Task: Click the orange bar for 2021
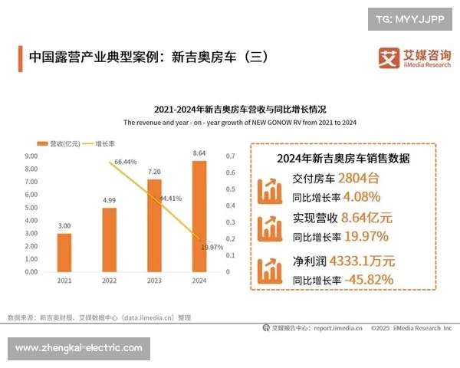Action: click(64, 252)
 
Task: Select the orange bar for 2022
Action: click(109, 239)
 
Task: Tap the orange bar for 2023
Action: click(154, 225)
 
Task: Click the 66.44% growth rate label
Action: click(126, 162)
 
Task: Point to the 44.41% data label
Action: click(170, 199)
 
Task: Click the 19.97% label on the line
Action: click(212, 247)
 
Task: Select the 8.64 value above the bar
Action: click(199, 153)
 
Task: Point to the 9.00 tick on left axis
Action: click(31, 156)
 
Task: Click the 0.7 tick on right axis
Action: click(230, 156)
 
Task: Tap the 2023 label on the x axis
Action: click(154, 281)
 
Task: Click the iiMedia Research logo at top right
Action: click(414, 58)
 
